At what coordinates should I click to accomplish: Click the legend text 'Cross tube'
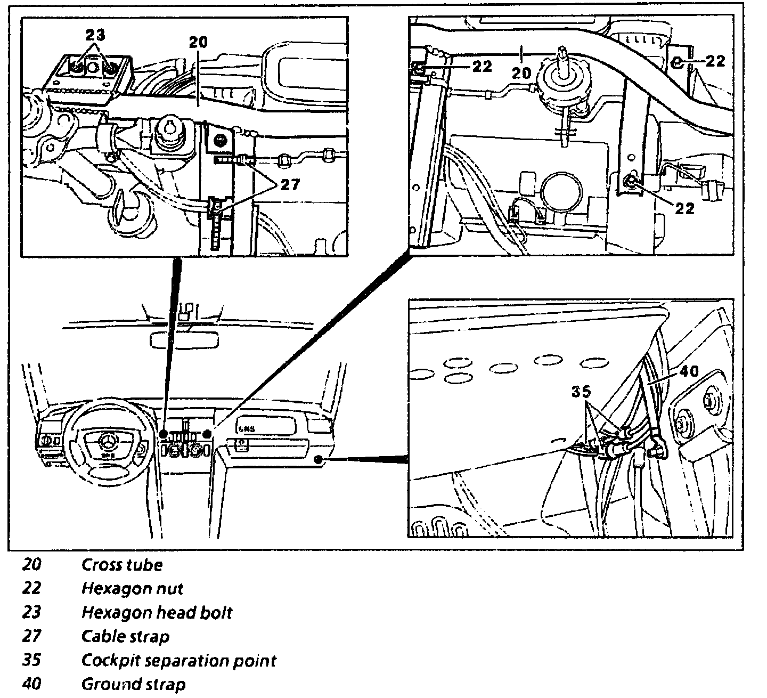pyautogui.click(x=121, y=565)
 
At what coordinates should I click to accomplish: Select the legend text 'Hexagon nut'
pyautogui.click(x=132, y=589)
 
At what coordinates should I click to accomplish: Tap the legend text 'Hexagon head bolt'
pyautogui.click(x=157, y=613)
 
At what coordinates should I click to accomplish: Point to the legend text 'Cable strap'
pyautogui.click(x=125, y=637)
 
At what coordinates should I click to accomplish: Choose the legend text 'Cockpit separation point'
pyautogui.click(x=178, y=661)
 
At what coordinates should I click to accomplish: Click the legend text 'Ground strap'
pyautogui.click(x=133, y=684)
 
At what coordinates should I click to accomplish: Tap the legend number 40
pyautogui.click(x=32, y=684)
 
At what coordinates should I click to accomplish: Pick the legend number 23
pyautogui.click(x=31, y=613)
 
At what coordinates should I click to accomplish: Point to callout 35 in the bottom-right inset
pyautogui.click(x=581, y=392)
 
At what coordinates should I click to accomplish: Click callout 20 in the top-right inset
pyautogui.click(x=521, y=72)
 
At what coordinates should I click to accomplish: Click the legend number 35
pyautogui.click(x=31, y=661)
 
